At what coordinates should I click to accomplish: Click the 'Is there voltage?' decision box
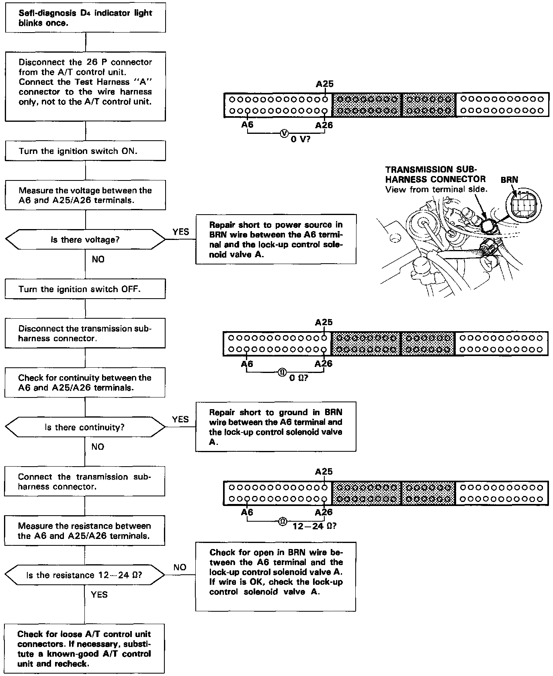tap(85, 240)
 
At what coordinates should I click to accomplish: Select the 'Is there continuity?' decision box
tap(85, 427)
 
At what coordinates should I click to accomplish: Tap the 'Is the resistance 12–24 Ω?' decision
tap(85, 575)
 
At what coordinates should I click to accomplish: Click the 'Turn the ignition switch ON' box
tap(85, 151)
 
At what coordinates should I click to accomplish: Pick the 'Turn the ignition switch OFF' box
tap(85, 289)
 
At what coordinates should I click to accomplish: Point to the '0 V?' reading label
tap(301, 140)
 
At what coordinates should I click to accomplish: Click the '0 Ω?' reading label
tap(299, 378)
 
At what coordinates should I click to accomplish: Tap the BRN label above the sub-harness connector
tap(509, 180)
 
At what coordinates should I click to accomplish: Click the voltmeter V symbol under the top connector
tap(284, 133)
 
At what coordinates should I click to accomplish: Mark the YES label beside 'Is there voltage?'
tap(181, 232)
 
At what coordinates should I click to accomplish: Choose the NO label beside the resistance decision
tap(180, 567)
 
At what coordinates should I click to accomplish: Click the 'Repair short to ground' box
tap(276, 427)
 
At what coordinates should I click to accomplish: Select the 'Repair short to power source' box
tap(276, 240)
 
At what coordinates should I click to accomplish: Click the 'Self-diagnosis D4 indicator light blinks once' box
tap(85, 18)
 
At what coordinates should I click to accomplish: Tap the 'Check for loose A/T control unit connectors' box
tap(84, 648)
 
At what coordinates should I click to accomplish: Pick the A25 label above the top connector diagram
tap(324, 84)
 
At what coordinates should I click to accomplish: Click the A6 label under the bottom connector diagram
tap(247, 512)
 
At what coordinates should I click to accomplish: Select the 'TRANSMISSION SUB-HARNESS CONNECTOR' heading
tap(435, 174)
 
